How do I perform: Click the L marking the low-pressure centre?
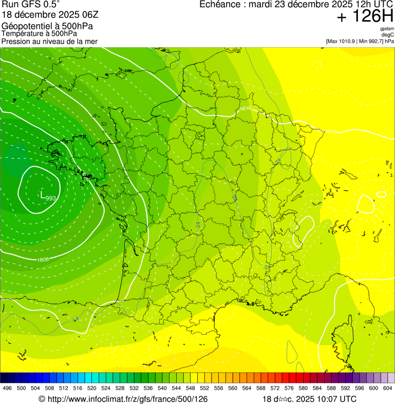42,194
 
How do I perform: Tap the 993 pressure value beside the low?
51,198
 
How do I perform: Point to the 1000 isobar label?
43,260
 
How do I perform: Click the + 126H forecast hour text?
365,17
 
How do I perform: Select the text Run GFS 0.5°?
31,5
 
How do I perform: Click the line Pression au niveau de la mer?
49,41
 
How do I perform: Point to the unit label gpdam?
387,29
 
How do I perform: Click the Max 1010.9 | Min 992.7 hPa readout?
360,41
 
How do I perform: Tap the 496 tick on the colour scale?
7,388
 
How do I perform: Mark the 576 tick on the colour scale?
289,388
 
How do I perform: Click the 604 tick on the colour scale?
388,388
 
